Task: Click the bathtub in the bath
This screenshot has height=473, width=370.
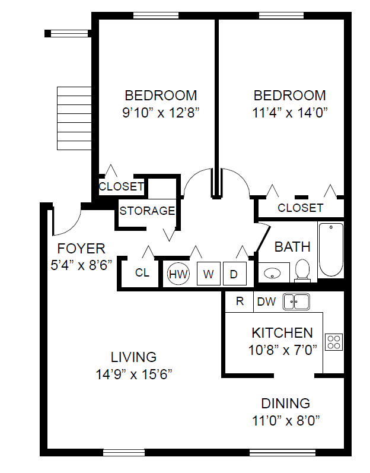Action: pos(331,250)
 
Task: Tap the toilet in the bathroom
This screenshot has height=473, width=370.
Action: pos(302,271)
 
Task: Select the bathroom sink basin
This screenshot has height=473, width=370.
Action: pos(272,274)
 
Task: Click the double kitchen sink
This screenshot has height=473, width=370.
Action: pos(296,301)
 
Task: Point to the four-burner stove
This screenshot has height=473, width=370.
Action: pos(334,342)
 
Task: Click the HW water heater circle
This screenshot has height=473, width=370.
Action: pos(178,274)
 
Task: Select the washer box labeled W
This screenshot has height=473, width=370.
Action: pos(209,274)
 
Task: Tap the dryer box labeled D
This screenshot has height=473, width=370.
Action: pos(235,274)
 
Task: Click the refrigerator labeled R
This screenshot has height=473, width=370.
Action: pos(240,301)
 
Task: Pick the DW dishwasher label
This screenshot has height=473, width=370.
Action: pos(266,301)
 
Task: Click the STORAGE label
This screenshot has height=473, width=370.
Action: pos(147,211)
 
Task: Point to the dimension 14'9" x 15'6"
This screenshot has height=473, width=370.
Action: pos(134,374)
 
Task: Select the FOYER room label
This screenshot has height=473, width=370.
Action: pos(81,249)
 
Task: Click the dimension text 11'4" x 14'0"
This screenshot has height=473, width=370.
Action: pos(290,113)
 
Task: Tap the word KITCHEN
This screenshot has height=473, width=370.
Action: pos(282,333)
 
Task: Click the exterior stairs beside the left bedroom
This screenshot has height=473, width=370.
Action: pos(74,118)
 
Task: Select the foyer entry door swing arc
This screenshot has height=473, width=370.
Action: pos(72,227)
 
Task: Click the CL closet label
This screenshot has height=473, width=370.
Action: pos(142,272)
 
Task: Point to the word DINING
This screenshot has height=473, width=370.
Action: pos(286,404)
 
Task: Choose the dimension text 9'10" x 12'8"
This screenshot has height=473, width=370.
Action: pos(161,113)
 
